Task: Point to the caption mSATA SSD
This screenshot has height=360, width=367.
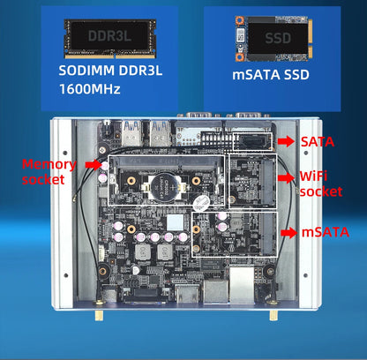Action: [x=271, y=76]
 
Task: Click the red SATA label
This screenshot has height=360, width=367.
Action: [x=317, y=140]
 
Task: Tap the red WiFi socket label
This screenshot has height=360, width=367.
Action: [x=320, y=184]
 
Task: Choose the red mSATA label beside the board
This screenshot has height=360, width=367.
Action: [x=321, y=232]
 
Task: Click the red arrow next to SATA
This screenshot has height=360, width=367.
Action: [x=285, y=140]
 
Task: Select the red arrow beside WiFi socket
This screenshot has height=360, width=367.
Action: [x=285, y=176]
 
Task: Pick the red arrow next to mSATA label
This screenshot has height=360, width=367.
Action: [x=287, y=232]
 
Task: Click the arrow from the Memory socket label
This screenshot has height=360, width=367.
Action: [x=92, y=164]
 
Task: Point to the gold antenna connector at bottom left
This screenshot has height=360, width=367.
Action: [x=99, y=312]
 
